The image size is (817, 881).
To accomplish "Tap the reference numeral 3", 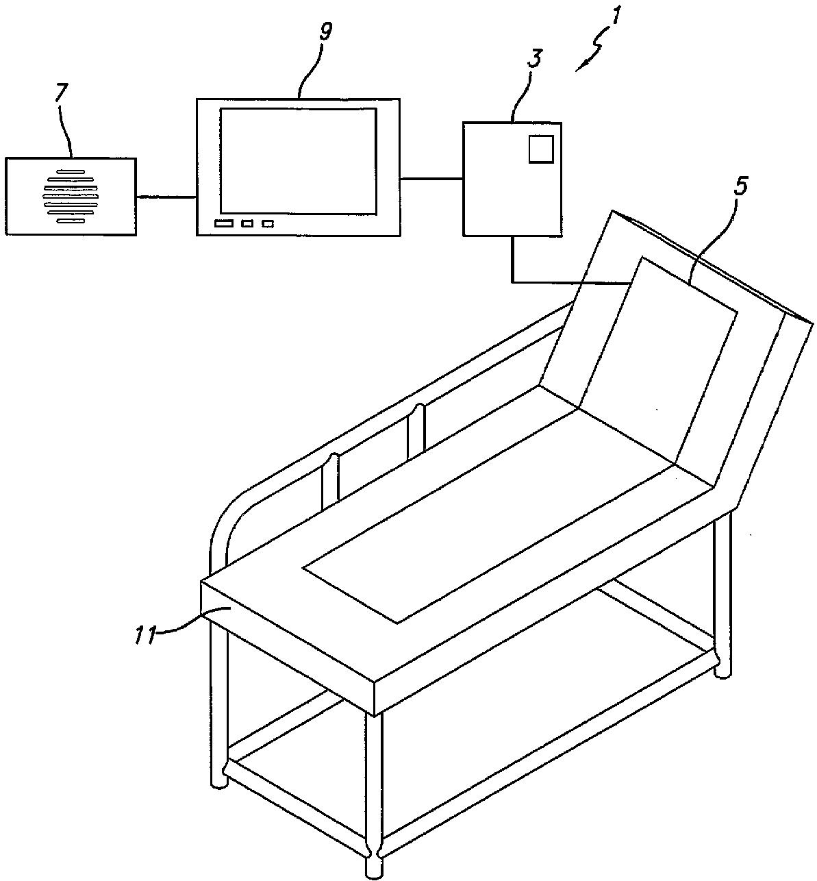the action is tap(533, 58).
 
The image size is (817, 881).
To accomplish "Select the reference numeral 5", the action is tap(740, 186).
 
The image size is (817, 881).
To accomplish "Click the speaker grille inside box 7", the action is tap(71, 196).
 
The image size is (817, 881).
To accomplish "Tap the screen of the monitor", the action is tap(298, 160).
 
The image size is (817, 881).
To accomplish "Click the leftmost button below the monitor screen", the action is tap(223, 224).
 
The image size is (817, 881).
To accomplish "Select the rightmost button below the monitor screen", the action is tap(268, 224).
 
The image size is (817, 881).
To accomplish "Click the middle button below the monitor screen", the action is tap(247, 224).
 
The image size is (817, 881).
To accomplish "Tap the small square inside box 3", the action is tap(540, 149).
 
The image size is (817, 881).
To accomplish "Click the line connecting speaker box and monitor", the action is tap(166, 197).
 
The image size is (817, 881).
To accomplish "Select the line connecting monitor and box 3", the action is tap(431, 179).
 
